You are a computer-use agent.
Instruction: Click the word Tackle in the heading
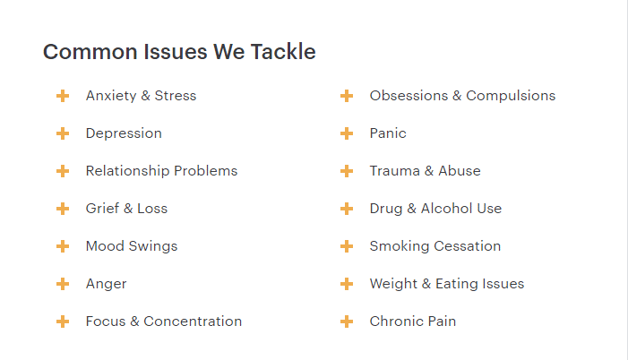point(283,52)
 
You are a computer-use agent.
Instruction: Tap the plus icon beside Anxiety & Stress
point(63,96)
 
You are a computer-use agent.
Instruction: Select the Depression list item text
point(124,133)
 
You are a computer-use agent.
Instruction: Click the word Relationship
point(128,171)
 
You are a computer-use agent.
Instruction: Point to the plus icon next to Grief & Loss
point(63,209)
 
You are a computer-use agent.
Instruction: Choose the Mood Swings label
point(132,246)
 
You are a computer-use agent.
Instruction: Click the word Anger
point(106,284)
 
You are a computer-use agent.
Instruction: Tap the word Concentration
point(193,321)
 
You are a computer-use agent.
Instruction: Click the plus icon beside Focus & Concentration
point(63,321)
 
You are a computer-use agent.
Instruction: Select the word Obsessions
point(409,96)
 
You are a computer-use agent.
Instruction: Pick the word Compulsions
point(511,96)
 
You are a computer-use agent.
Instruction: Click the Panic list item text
point(388,133)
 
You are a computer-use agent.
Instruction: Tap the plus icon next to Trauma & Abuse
point(347,171)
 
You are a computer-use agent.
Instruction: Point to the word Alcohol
point(446,209)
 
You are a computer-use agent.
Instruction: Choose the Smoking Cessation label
point(435,246)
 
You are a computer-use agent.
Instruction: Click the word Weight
point(393,284)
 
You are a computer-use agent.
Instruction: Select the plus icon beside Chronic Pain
point(347,321)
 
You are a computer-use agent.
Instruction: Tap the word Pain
point(442,321)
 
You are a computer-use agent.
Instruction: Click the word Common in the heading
point(90,52)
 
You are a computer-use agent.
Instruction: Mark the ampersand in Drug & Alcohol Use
point(412,209)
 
